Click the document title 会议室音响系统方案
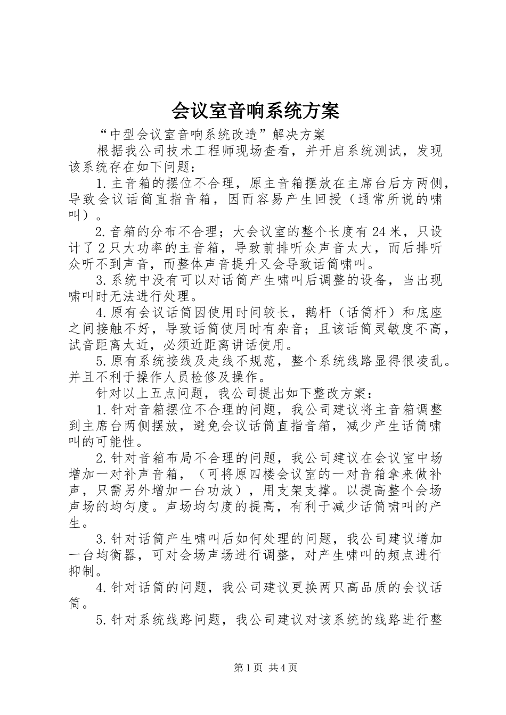pos(255,111)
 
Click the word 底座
pos(429,313)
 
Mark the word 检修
pos(207,377)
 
